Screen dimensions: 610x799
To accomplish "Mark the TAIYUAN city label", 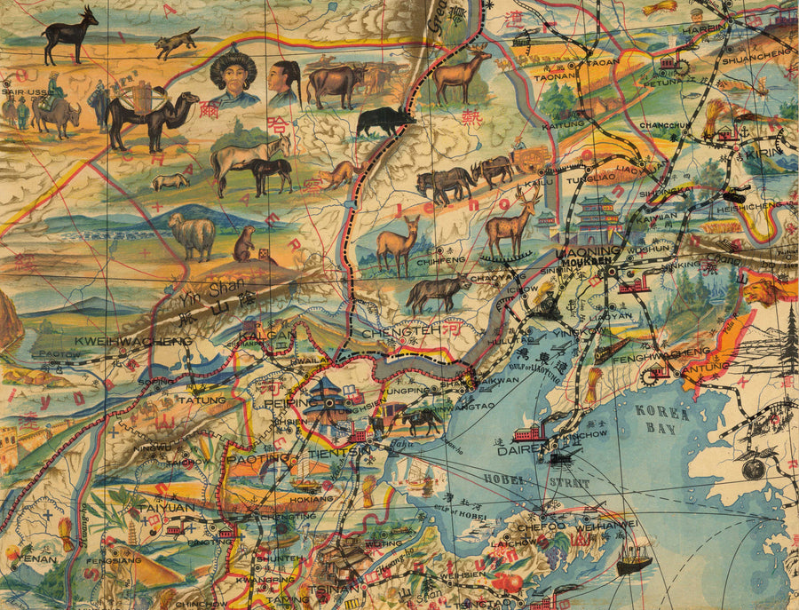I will [x=166, y=508].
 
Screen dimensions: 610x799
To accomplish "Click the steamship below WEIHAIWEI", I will [x=634, y=559].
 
